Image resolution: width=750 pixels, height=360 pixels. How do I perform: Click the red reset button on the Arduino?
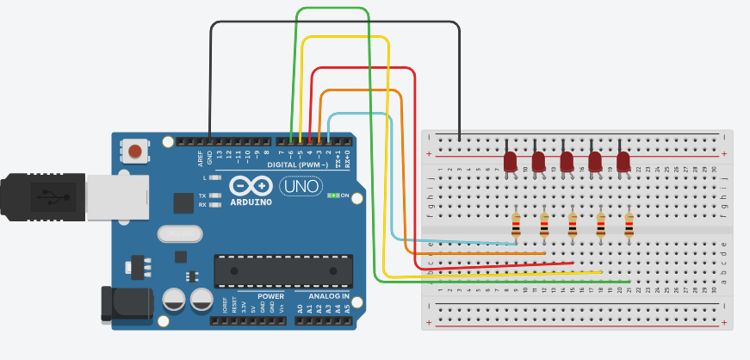coord(134,152)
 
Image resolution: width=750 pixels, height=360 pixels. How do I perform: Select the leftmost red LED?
coord(510,161)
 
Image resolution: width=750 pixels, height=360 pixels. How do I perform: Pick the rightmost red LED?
coord(623,161)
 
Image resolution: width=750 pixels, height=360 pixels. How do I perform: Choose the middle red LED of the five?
coord(567,161)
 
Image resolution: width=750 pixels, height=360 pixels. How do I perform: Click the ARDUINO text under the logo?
coord(251,202)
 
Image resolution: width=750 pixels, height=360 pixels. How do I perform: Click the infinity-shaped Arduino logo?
coord(251,186)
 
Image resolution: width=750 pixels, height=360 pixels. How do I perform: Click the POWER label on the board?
coord(270,296)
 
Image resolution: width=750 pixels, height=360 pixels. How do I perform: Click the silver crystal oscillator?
coord(179,233)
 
